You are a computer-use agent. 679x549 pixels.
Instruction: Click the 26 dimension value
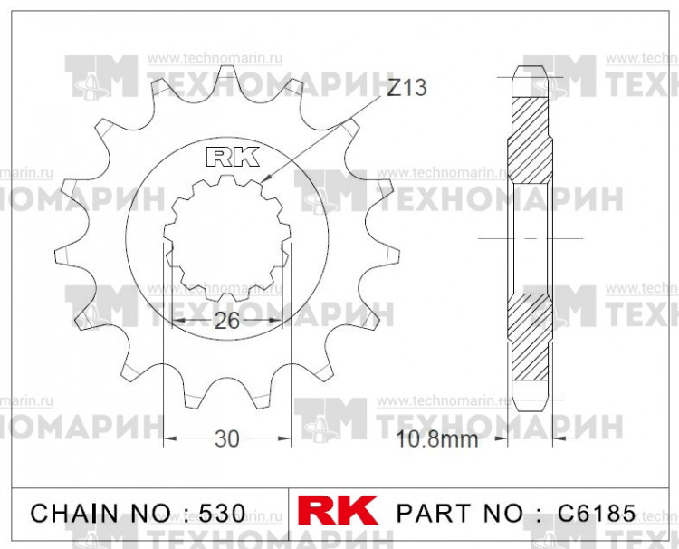point(226,321)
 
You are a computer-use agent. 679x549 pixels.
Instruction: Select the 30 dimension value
point(226,439)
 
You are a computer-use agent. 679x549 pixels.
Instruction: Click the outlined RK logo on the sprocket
point(232,157)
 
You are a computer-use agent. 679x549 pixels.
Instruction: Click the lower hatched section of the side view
point(531,340)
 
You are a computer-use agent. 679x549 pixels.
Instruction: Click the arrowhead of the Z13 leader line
point(269,185)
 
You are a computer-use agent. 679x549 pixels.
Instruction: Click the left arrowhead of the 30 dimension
point(167,439)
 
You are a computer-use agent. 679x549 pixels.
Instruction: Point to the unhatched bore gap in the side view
point(531,237)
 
